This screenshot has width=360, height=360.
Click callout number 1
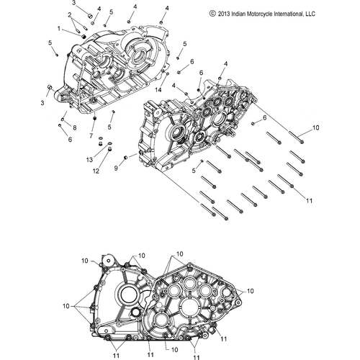59,28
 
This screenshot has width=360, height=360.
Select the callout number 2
69,14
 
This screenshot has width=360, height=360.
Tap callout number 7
91,135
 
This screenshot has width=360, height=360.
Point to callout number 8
73,127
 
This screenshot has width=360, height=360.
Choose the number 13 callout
90,159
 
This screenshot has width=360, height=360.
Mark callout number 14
158,89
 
